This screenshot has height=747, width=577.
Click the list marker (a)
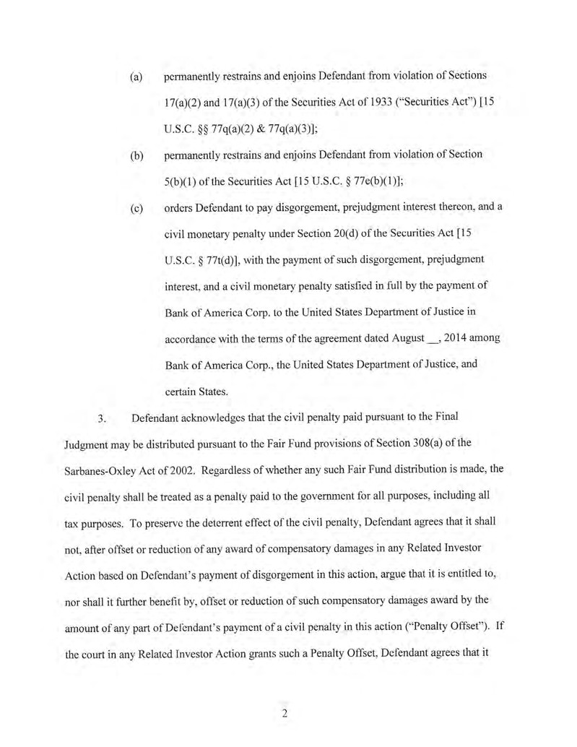coord(135,76)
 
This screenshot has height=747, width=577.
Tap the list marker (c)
coord(135,208)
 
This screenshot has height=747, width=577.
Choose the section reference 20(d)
coord(355,236)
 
